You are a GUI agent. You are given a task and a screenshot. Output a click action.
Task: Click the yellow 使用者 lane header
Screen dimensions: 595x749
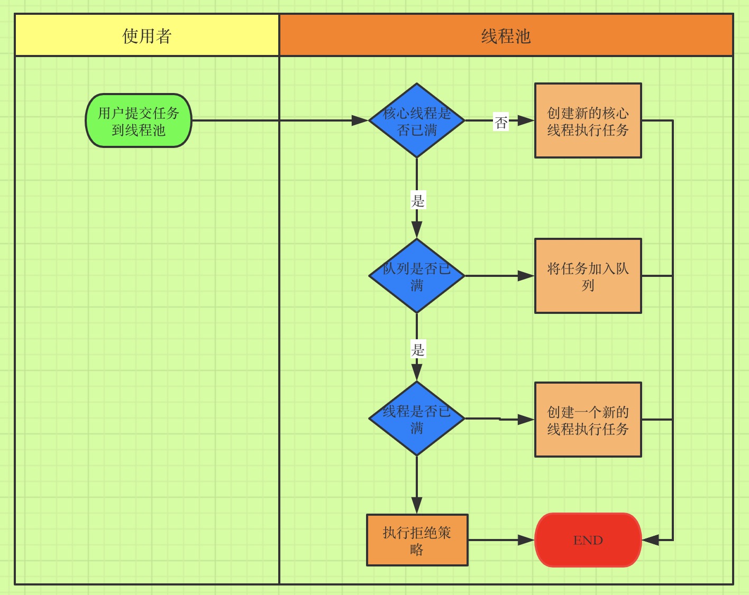147,35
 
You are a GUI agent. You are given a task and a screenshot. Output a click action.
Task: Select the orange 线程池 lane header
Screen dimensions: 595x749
506,35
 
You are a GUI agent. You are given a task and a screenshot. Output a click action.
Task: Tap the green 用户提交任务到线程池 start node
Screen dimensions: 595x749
139,121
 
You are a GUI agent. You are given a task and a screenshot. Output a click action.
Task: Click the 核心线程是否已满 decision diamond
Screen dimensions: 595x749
417,120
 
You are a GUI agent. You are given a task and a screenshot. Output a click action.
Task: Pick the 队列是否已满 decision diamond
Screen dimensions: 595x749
417,276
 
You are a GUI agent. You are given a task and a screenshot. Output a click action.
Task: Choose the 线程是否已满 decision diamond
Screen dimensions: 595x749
417,419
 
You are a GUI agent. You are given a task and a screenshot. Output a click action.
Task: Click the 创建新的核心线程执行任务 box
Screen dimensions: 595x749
588,120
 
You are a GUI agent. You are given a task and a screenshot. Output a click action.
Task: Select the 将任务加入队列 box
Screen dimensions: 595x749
588,276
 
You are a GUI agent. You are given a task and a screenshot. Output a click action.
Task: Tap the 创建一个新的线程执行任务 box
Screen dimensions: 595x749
588,420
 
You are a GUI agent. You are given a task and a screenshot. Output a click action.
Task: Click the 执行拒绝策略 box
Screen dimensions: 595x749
417,540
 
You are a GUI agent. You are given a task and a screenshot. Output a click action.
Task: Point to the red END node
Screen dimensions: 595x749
588,540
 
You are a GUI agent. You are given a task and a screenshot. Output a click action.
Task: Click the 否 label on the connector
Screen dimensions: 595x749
501,122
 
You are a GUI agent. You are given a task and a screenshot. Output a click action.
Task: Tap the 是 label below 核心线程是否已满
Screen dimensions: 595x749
418,201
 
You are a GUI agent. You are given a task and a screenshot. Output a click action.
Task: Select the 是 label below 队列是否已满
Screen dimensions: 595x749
418,350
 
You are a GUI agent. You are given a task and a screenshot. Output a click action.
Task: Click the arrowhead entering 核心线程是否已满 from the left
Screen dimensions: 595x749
360,120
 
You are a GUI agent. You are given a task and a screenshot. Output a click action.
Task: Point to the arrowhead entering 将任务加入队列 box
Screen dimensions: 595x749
526,276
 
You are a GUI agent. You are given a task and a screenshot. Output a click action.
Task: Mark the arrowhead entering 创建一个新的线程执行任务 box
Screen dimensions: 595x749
526,420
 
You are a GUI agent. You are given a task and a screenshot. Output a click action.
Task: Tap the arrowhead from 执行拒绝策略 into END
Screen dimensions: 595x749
526,540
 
